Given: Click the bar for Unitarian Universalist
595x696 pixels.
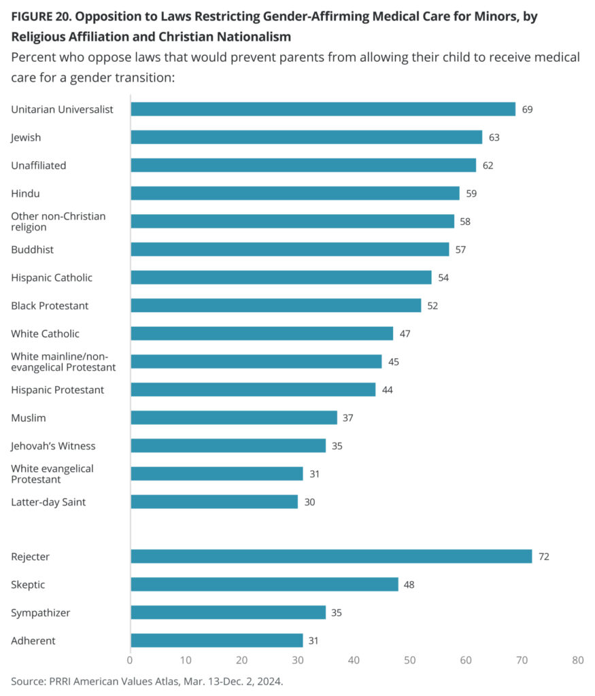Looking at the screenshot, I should pos(323,109).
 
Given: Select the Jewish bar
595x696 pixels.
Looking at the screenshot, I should pos(306,137).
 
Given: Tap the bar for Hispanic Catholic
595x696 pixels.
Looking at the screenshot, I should pos(281,277).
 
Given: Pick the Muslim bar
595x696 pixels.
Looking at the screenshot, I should pos(233,417).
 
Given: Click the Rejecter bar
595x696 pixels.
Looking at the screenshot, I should pos(331,557).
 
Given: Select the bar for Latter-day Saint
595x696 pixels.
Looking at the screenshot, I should pos(214,502).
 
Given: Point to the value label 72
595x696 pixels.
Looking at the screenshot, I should pos(543,557).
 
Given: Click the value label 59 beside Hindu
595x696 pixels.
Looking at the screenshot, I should pos(471,193).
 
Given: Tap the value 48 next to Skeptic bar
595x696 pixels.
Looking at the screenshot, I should pos(409,585).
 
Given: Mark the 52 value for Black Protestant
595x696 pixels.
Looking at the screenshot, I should pos(432,305).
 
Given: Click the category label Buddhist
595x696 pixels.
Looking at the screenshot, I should pos(32,249).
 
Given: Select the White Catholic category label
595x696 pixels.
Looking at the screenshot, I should pos(45,334).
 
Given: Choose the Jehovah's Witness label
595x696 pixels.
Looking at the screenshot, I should pos(53,446).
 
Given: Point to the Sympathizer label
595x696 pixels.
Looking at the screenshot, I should pos(40,612).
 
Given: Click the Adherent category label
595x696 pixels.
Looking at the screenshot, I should pos(33,640).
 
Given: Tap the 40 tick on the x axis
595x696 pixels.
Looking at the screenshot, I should pos(354,659).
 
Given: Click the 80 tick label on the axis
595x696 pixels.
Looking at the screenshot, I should pos(577,659).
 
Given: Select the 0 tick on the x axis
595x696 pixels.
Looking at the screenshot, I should pos(131,659).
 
